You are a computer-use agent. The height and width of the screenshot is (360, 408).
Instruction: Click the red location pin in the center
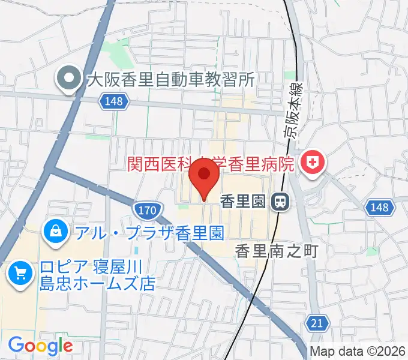tap(204, 177)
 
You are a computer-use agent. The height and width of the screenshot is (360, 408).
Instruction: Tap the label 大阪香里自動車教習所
tap(172, 79)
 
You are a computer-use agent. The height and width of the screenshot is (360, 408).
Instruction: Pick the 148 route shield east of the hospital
tap(380, 208)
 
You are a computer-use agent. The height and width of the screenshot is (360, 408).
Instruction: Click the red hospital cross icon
tap(311, 161)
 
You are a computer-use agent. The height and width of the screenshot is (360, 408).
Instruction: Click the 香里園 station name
tap(242, 202)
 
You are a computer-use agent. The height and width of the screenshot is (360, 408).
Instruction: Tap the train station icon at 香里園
tap(278, 202)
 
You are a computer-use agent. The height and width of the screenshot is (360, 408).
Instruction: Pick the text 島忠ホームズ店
tap(97, 283)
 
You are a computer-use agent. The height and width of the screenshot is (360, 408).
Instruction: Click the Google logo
tap(40, 346)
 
